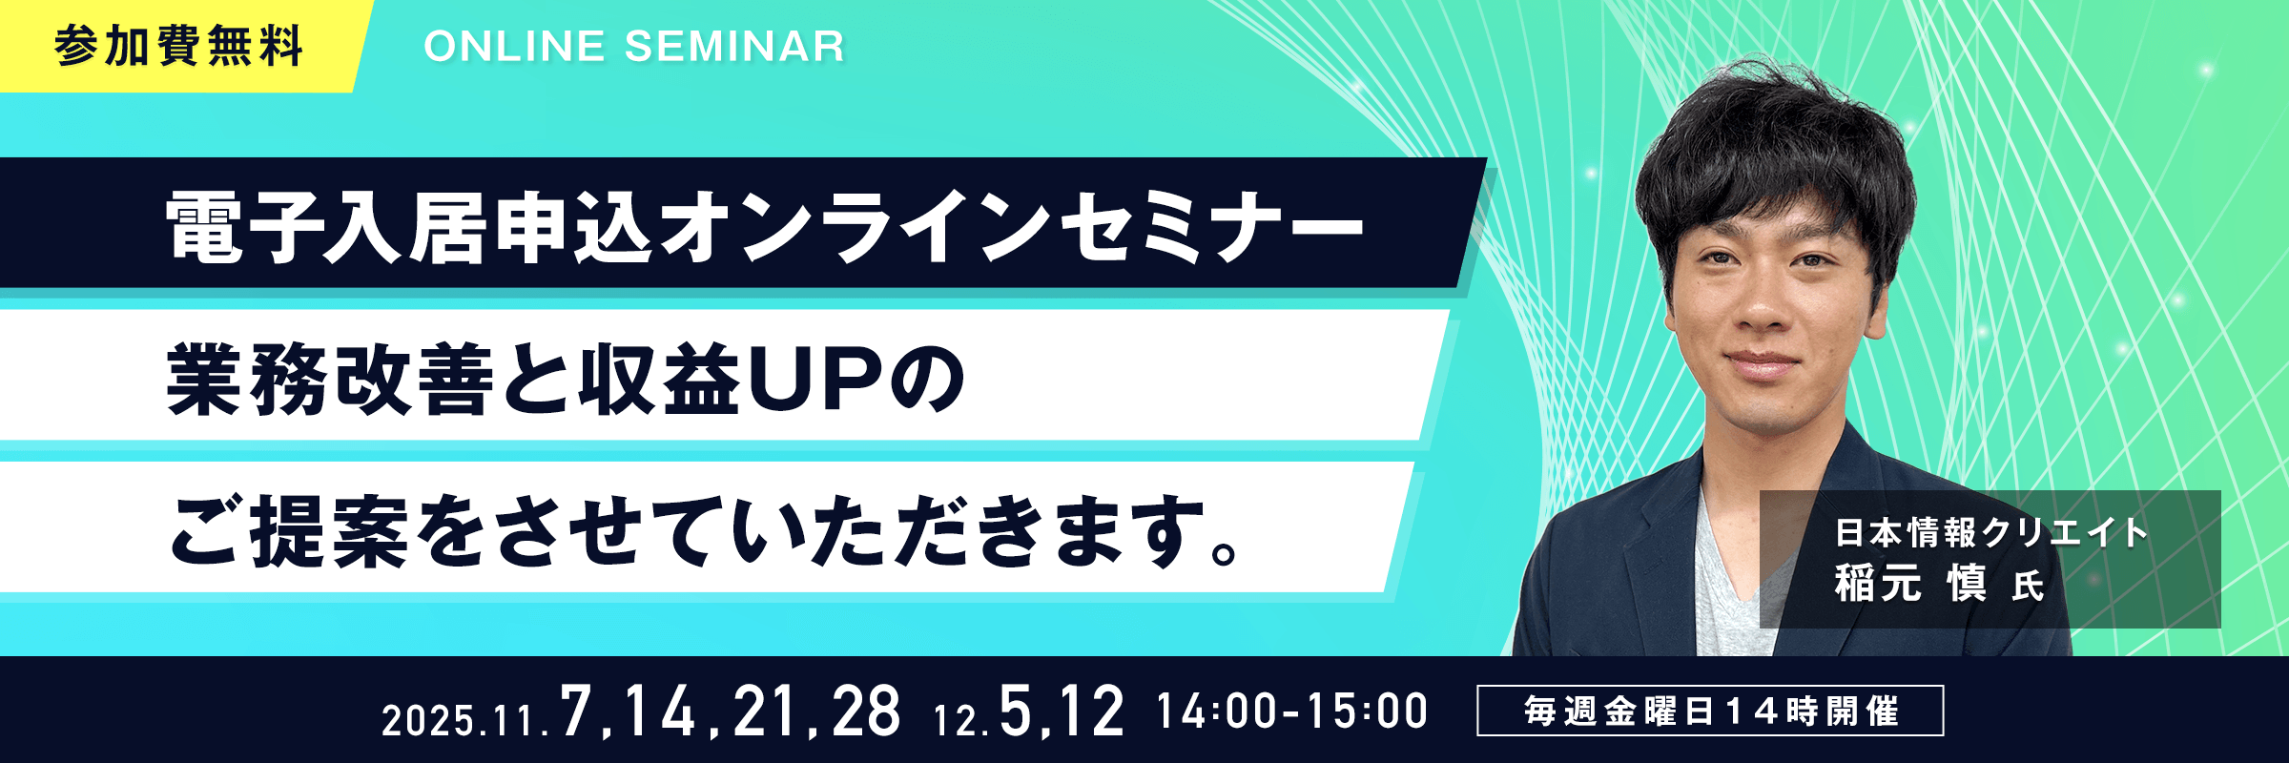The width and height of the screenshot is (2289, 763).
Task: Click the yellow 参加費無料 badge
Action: tap(181, 46)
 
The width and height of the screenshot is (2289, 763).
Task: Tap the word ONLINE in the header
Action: tap(514, 47)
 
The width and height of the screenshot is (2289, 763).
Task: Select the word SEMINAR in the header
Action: tap(734, 47)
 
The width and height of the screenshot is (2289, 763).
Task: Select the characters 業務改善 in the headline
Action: tap(330, 380)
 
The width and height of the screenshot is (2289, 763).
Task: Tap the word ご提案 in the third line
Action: tap(290, 531)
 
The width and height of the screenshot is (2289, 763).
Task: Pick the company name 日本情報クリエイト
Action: tap(1991, 532)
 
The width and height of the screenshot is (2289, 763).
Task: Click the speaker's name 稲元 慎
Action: tap(1910, 583)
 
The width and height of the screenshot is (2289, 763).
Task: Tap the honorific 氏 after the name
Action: tap(2028, 587)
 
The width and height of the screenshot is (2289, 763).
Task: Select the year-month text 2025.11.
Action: tap(465, 720)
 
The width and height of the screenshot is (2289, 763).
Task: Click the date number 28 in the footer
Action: tap(865, 711)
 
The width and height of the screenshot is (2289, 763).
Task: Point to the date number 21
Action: tap(766, 711)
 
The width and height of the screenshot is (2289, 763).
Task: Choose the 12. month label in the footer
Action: tap(961, 720)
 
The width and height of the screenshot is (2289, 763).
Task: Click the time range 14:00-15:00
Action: tap(1292, 711)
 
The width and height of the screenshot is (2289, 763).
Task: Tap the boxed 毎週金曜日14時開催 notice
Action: tap(1710, 711)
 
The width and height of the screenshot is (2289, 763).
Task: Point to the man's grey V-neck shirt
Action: tap(1731, 591)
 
